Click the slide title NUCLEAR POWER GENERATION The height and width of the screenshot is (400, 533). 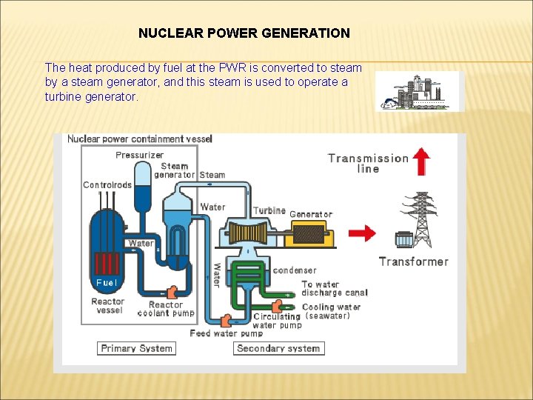[x=244, y=33]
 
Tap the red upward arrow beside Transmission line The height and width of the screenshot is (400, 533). [x=421, y=161]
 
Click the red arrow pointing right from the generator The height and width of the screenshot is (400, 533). [x=362, y=234]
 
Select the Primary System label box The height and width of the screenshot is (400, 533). [x=136, y=348]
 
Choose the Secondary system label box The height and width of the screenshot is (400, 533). [x=278, y=348]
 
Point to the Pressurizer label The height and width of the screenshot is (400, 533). [x=140, y=155]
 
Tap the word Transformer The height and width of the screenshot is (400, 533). [x=414, y=261]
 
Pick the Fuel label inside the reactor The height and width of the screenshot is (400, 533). [x=106, y=283]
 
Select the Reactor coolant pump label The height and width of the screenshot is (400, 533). [x=166, y=309]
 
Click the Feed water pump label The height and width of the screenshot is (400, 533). [x=226, y=333]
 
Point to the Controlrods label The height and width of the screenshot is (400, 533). [x=107, y=185]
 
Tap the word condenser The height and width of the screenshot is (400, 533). [x=295, y=270]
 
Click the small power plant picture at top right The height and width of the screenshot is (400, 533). [x=418, y=92]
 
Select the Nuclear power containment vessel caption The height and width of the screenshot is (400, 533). [x=140, y=139]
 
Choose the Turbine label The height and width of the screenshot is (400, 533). [x=269, y=211]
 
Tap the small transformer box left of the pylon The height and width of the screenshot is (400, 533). [x=403, y=240]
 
